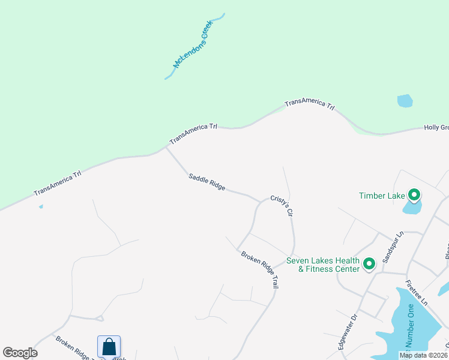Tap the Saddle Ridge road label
point(206,182)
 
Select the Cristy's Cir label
point(285,206)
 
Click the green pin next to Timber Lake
point(414,194)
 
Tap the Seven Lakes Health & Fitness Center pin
point(369,263)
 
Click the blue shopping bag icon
point(109,347)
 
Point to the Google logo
point(20,353)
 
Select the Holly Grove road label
point(436,127)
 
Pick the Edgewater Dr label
point(348,332)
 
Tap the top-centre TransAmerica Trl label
point(309,104)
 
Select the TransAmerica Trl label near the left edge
point(58,183)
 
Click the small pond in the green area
point(405,100)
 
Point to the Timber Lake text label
point(382,196)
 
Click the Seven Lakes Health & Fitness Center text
point(323,265)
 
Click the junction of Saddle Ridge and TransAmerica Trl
point(166,147)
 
